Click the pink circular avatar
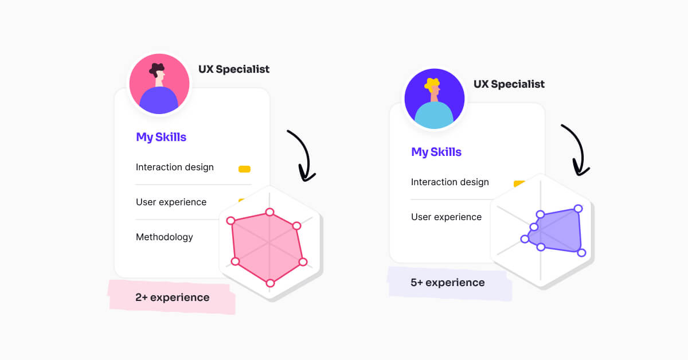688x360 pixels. pyautogui.click(x=159, y=84)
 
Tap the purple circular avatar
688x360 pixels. pyautogui.click(x=435, y=99)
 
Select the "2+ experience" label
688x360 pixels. pyautogui.click(x=173, y=298)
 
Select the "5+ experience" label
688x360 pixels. pyautogui.click(x=448, y=283)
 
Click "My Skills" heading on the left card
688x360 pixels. pyautogui.click(x=161, y=137)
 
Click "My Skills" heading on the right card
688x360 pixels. pyautogui.click(x=436, y=152)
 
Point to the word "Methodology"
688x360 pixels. pyautogui.click(x=165, y=237)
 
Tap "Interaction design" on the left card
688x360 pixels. pyautogui.click(x=175, y=167)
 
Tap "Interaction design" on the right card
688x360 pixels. pyautogui.click(x=450, y=182)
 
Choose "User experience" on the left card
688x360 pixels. pyautogui.click(x=171, y=202)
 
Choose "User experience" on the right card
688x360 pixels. pyautogui.click(x=446, y=217)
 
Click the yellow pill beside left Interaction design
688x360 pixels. pyautogui.click(x=244, y=169)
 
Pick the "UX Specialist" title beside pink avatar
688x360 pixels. pyautogui.click(x=234, y=69)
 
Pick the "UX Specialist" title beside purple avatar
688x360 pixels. pyautogui.click(x=509, y=84)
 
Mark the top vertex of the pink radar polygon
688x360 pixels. pyautogui.click(x=269, y=212)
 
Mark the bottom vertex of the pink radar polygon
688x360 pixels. pyautogui.click(x=270, y=283)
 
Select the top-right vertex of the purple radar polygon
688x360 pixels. pyautogui.click(x=578, y=209)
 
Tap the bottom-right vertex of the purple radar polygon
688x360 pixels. pyautogui.click(x=581, y=253)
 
